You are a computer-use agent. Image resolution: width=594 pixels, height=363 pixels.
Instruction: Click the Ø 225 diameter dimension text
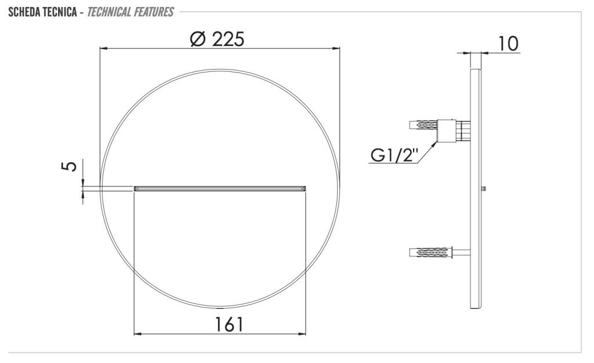pyautogui.click(x=217, y=39)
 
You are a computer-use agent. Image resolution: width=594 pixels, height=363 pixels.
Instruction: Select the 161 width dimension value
pyautogui.click(x=229, y=324)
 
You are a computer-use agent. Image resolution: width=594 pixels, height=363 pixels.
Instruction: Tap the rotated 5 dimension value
pyautogui.click(x=70, y=166)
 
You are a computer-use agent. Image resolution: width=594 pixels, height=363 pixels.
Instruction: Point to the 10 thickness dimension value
pyautogui.click(x=508, y=43)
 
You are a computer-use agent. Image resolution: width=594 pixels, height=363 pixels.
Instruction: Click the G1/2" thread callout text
pyautogui.click(x=394, y=155)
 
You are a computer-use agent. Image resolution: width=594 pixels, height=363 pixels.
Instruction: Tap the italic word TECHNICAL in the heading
pyautogui.click(x=108, y=12)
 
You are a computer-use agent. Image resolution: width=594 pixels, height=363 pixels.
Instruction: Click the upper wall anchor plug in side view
pyautogui.click(x=423, y=125)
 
